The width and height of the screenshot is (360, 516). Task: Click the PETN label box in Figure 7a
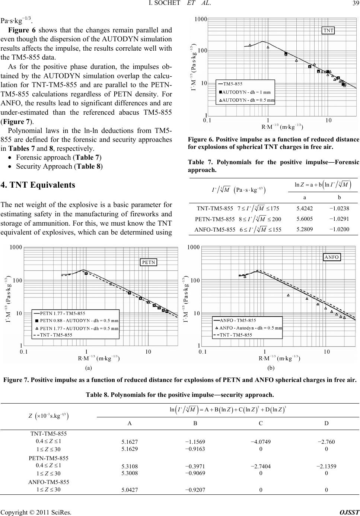point(149,262)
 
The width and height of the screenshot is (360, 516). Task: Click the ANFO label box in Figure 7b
point(331,257)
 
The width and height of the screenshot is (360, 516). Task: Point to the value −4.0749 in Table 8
point(261,442)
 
